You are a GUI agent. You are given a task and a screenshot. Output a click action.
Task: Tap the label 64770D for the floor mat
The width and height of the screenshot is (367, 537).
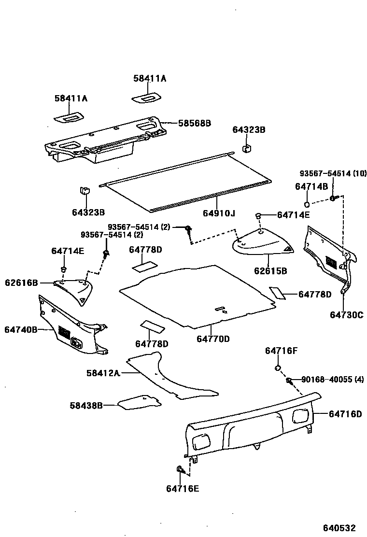click(x=213, y=339)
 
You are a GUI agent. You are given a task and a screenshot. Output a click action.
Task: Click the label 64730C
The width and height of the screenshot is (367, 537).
click(x=346, y=315)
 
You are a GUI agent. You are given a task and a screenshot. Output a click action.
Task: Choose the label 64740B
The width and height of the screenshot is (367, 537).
click(x=21, y=329)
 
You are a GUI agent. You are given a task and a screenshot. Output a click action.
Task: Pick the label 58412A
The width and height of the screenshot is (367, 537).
click(x=103, y=373)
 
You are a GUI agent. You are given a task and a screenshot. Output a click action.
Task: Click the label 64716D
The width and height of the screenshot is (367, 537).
click(x=345, y=414)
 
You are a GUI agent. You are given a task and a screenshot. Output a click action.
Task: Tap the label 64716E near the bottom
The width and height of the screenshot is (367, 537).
click(x=183, y=489)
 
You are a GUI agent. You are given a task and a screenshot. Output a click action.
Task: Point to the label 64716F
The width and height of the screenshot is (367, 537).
click(x=281, y=351)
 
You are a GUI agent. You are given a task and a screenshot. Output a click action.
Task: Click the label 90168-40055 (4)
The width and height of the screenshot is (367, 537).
click(x=326, y=380)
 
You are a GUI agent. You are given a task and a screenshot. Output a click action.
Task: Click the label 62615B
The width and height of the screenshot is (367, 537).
click(x=270, y=271)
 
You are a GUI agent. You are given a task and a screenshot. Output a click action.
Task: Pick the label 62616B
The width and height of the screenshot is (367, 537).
click(x=21, y=283)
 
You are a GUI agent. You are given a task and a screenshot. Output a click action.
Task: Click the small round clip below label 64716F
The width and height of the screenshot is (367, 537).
click(x=278, y=369)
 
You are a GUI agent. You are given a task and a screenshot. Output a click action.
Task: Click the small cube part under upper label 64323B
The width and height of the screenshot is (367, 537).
click(x=246, y=147)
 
